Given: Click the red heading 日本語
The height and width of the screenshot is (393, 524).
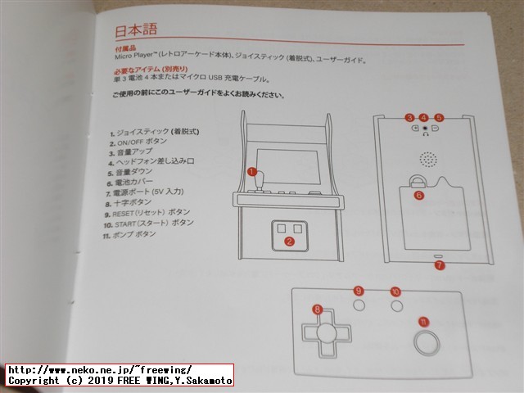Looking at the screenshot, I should click(136, 30).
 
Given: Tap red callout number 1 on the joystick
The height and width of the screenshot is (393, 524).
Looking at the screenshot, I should click(252, 172).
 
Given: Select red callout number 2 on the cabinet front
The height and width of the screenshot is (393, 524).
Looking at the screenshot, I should click(289, 241).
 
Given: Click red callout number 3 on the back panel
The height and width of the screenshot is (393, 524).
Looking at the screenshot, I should click(409, 118).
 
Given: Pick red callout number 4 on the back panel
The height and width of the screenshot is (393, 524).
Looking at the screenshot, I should click(423, 118).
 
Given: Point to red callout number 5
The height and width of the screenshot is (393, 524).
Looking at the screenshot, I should click(439, 118).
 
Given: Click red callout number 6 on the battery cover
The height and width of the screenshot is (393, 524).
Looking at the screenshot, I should click(419, 196).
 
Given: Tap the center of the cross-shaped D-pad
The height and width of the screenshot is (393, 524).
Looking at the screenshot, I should click(324, 332).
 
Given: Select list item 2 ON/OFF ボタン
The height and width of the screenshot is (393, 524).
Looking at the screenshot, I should click(137, 142).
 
